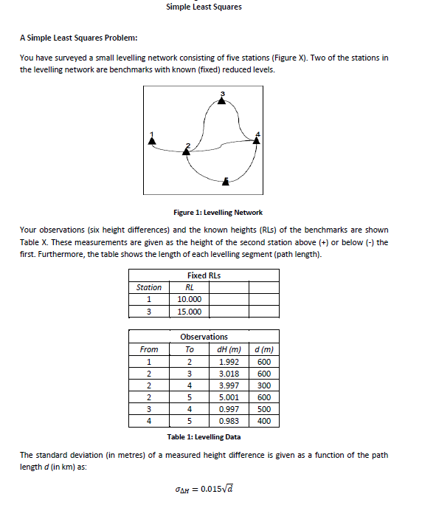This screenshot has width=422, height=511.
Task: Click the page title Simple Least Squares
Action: pos(204,7)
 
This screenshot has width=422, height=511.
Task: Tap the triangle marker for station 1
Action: pos(152,143)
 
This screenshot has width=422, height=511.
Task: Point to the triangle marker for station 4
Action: pos(257,140)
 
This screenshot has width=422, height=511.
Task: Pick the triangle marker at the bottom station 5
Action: pos(226,179)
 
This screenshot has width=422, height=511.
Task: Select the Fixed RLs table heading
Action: pos(204,275)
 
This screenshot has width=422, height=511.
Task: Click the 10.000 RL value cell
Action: pos(189,299)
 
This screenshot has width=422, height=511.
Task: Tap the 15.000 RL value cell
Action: pos(189,312)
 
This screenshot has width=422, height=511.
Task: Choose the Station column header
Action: pos(149,287)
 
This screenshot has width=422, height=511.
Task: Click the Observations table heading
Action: pos(204,337)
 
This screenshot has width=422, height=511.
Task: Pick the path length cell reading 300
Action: pos(263,385)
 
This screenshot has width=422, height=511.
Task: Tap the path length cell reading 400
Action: pos(263,421)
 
